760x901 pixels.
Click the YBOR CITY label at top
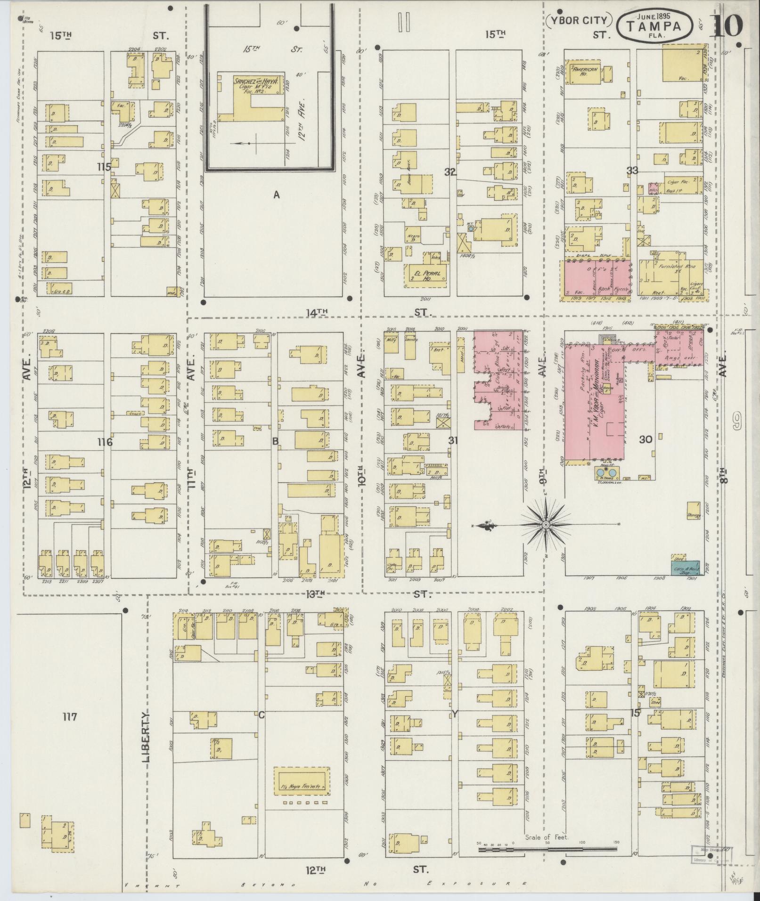tap(579, 21)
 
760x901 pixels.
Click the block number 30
tap(645, 439)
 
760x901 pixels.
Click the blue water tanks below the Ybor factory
tap(605, 471)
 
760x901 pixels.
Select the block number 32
tap(450, 172)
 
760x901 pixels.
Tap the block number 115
tap(104, 166)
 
